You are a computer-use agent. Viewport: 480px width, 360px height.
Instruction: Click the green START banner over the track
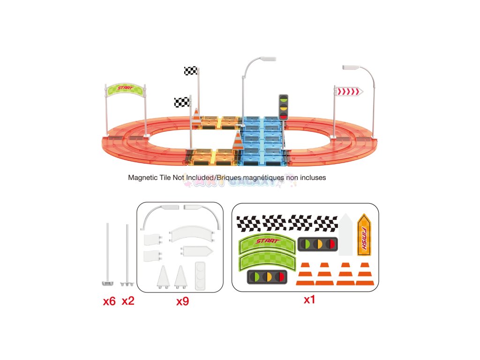coord(125,89)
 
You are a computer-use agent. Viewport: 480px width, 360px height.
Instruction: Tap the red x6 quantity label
coord(109,301)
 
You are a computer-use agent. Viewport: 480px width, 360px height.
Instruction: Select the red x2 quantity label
coord(128,301)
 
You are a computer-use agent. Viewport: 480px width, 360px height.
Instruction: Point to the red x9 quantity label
coord(182,301)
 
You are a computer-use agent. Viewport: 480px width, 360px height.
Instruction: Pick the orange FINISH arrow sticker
coord(364,234)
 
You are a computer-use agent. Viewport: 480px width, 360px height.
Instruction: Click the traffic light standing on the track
coord(283,106)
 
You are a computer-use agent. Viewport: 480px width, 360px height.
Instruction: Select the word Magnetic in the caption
coord(142,178)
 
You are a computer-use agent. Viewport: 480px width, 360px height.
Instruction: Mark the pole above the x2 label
coord(127,253)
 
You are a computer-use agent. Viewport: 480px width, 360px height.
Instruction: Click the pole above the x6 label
coord(108,253)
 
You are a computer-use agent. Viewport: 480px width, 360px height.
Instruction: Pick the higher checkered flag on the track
coord(190,71)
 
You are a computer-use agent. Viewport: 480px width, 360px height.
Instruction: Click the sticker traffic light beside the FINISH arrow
coord(319,244)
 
